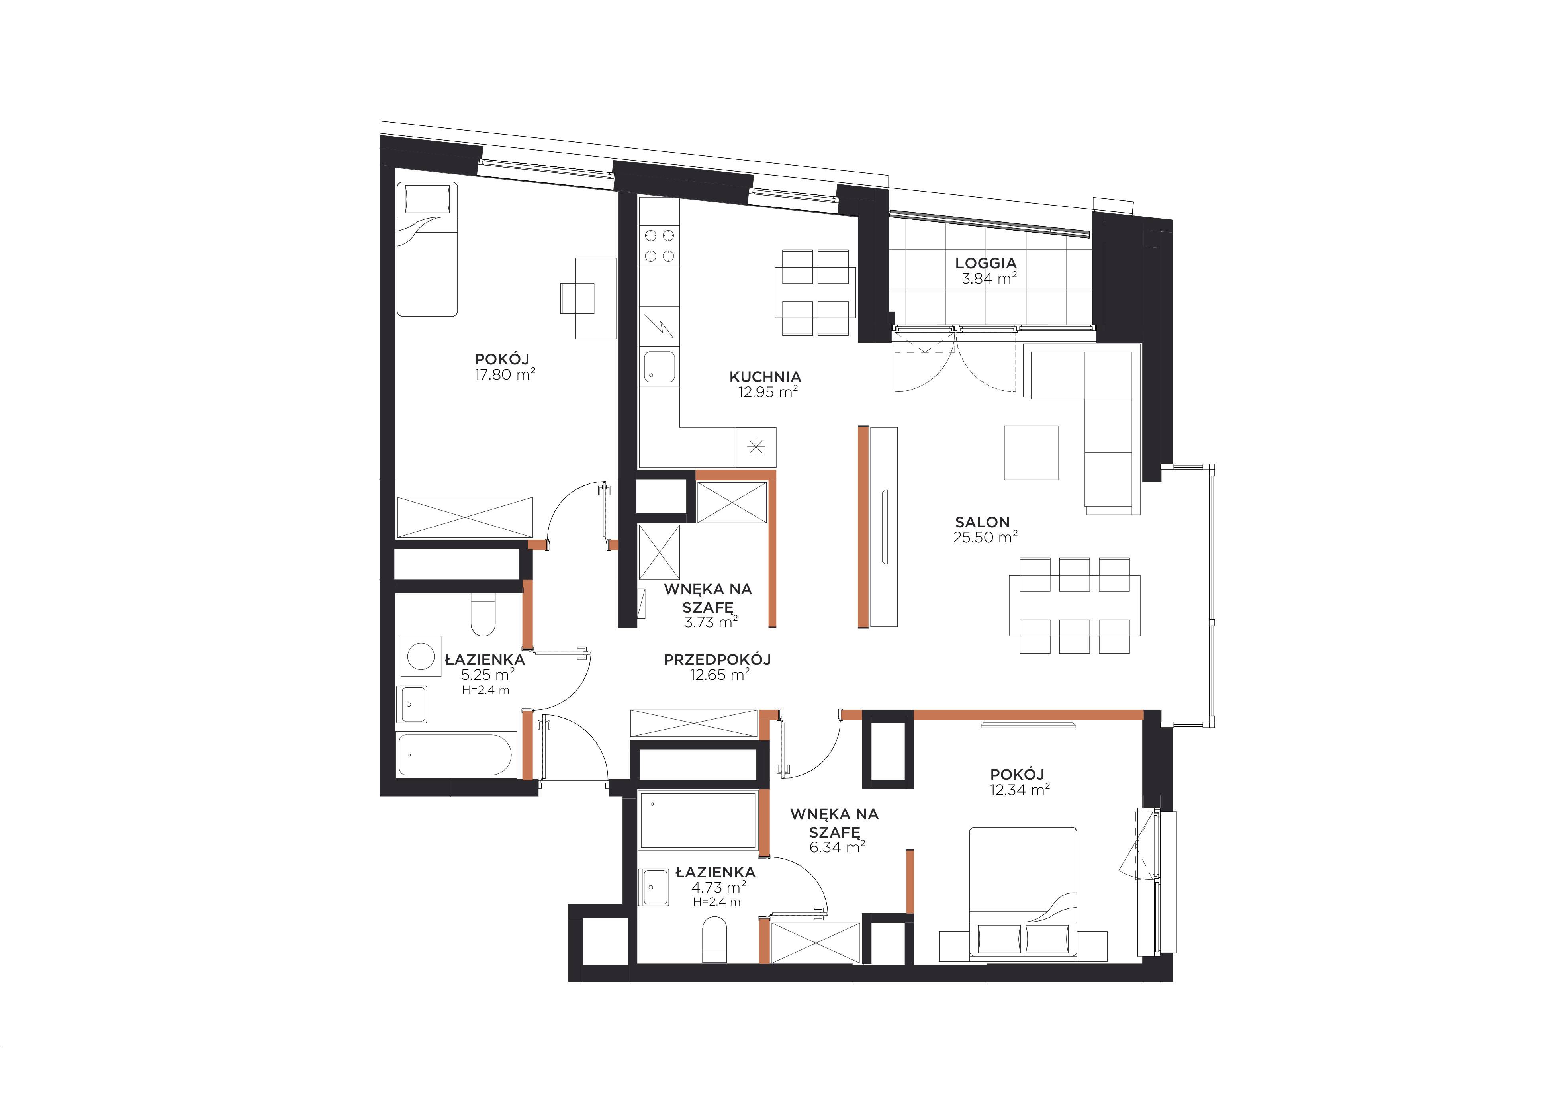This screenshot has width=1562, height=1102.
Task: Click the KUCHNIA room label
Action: click(765, 376)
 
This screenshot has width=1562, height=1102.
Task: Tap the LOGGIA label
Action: click(986, 262)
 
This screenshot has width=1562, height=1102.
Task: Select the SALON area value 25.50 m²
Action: click(985, 537)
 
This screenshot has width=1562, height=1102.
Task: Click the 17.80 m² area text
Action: click(505, 374)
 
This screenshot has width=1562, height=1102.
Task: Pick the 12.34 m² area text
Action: click(1020, 790)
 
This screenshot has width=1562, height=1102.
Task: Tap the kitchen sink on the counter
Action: click(659, 367)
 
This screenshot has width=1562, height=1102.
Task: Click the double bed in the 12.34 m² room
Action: click(1022, 895)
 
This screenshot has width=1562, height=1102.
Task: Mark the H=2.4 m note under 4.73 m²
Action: click(717, 902)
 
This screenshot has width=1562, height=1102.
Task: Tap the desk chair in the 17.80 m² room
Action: click(577, 298)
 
